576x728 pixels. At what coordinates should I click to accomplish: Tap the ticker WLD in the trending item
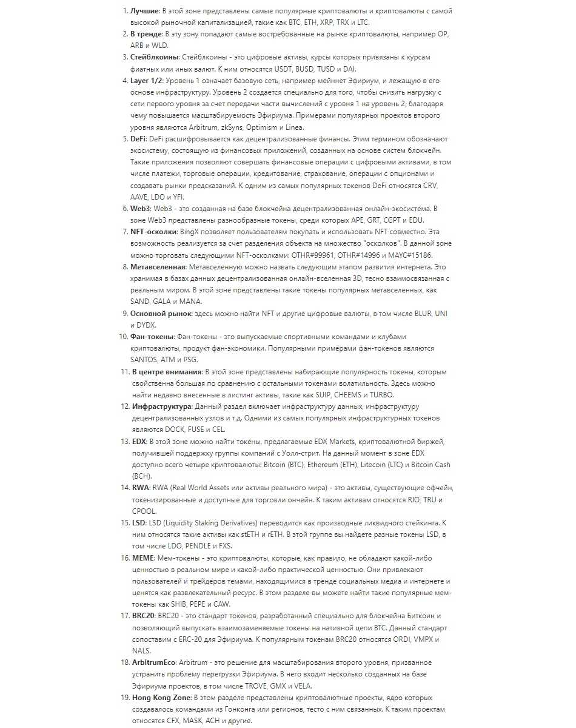(x=161, y=45)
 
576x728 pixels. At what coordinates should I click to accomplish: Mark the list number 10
(x=122, y=337)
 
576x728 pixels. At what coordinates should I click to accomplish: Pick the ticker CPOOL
(x=144, y=511)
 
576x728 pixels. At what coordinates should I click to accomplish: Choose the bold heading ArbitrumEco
(x=154, y=662)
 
